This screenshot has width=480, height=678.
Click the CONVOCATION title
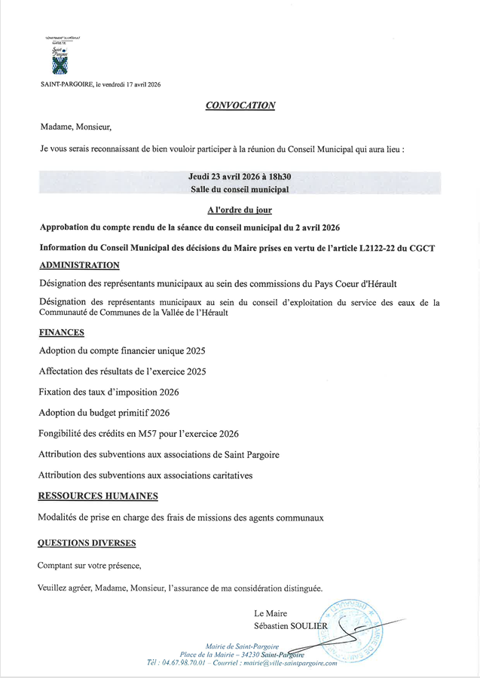(x=240, y=105)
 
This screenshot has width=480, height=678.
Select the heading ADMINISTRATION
(x=78, y=265)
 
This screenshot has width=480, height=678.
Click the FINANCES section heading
(x=62, y=331)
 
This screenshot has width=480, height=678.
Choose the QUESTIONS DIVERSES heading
(x=87, y=542)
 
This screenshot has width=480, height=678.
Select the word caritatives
(x=227, y=475)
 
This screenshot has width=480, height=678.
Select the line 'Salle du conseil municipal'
(x=240, y=189)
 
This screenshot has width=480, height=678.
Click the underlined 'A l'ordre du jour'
(x=240, y=209)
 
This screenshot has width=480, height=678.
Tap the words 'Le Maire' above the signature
(x=271, y=613)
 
